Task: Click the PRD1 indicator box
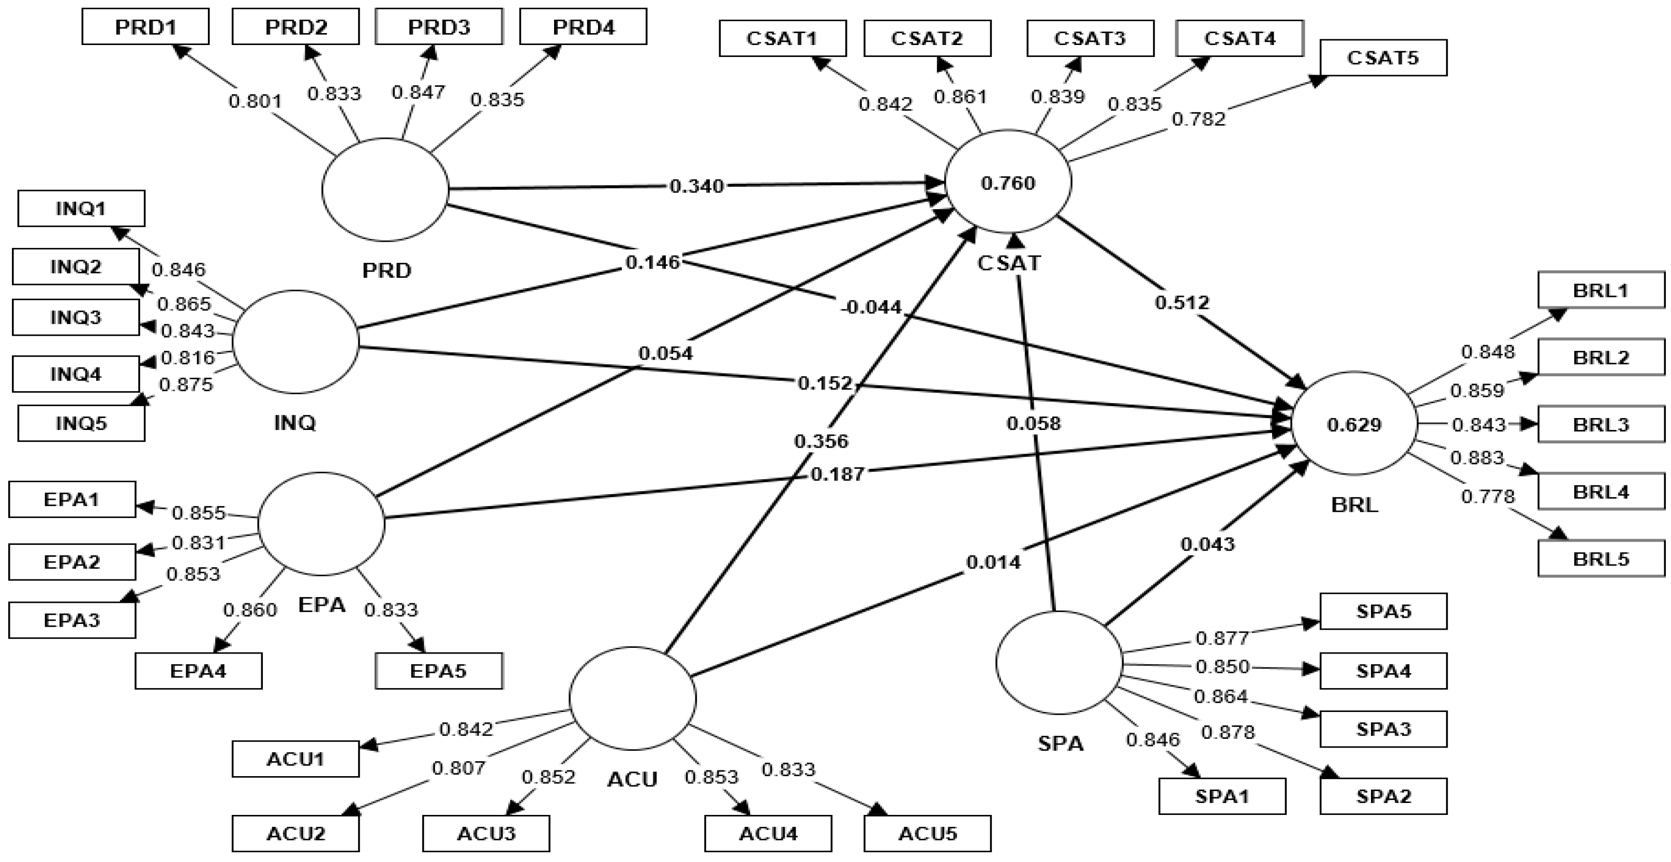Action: point(145,26)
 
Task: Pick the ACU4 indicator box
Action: point(768,833)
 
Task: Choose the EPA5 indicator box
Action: point(439,670)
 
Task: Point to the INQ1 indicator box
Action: point(81,208)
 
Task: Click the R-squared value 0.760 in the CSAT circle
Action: point(1008,184)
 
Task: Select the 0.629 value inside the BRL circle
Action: point(1354,425)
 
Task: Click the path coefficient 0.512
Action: point(1182,302)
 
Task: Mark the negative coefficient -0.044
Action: point(871,307)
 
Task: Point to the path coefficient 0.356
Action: point(821,441)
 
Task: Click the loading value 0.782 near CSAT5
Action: point(1199,118)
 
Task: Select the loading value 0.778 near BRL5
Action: point(1487,496)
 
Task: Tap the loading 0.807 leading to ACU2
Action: point(458,768)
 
